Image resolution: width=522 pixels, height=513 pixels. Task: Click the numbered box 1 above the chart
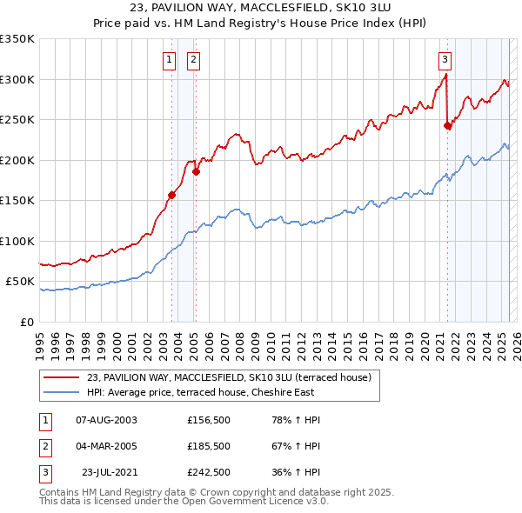pyautogui.click(x=168, y=60)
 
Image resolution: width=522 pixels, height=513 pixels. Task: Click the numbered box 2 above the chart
pyautogui.click(x=192, y=60)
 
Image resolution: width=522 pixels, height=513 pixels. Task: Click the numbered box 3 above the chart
pyautogui.click(x=445, y=60)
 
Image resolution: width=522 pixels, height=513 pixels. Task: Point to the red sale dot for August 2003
pyautogui.click(x=171, y=195)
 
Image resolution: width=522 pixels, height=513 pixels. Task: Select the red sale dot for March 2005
pyautogui.click(x=196, y=171)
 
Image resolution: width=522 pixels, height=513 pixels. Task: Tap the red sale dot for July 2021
pyautogui.click(x=448, y=125)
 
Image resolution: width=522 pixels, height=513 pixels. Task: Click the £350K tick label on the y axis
pyautogui.click(x=17, y=39)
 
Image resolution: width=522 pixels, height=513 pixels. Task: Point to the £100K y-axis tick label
pyautogui.click(x=17, y=241)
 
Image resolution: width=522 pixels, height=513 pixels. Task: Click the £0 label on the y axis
pyautogui.click(x=26, y=322)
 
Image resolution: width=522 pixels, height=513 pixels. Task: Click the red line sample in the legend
pyautogui.click(x=61, y=377)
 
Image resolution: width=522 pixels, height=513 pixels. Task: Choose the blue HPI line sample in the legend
pyautogui.click(x=61, y=392)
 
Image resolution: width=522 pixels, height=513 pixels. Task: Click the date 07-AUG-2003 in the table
pyautogui.click(x=107, y=420)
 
